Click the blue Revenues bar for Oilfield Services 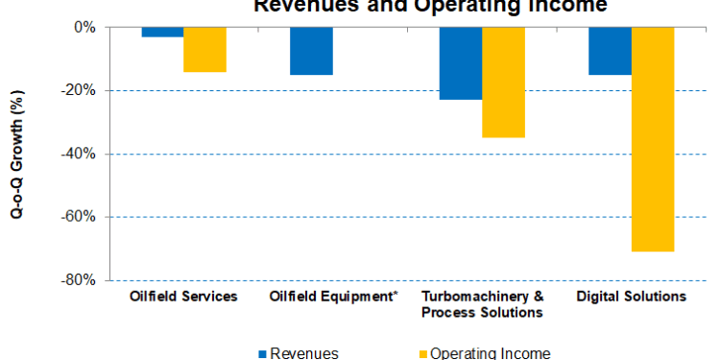click(162, 33)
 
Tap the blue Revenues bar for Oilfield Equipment click(311, 51)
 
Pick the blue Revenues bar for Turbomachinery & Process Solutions click(461, 63)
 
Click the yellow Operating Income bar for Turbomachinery click(503, 83)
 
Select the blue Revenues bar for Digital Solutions click(610, 51)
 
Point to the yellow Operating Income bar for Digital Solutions click(652, 139)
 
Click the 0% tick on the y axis click(85, 28)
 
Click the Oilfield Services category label click(183, 297)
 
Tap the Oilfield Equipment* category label click(333, 297)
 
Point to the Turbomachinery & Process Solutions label click(483, 304)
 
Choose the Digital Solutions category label click(631, 297)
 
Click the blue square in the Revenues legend click(262, 353)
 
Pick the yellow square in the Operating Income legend click(421, 353)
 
